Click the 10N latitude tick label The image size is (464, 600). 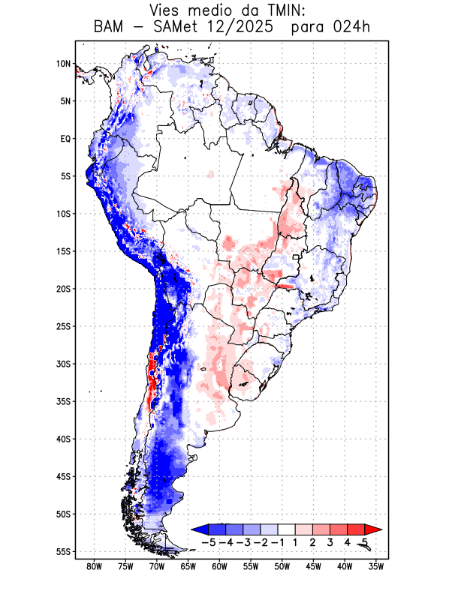tap(63, 64)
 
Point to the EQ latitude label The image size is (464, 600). tap(65, 139)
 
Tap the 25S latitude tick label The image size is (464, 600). tap(63, 326)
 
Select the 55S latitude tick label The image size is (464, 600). tap(63, 551)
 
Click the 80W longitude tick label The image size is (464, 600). tap(95, 566)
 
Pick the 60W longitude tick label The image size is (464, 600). tap(219, 566)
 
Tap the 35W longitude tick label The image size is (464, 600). tap(375, 566)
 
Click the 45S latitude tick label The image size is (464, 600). tap(63, 476)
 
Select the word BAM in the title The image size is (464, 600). tap(110, 28)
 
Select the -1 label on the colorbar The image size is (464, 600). tap(278, 541)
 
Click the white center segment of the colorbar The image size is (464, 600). tap(287, 529)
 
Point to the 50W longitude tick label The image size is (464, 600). tap(282, 566)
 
